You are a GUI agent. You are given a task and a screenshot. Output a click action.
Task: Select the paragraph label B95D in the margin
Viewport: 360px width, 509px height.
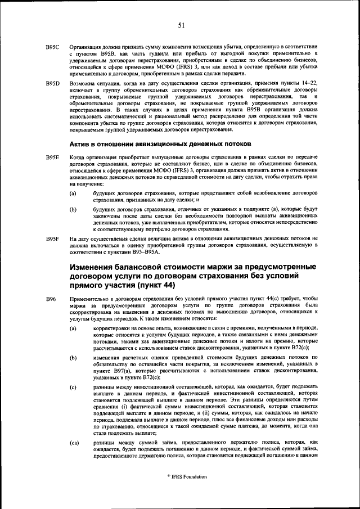[53, 83]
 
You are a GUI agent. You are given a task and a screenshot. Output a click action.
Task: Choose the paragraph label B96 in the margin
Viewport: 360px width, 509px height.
[51, 298]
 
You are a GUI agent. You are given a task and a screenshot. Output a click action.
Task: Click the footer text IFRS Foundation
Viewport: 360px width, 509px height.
[182, 476]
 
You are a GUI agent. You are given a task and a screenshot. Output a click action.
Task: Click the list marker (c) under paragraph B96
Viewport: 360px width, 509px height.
[73, 388]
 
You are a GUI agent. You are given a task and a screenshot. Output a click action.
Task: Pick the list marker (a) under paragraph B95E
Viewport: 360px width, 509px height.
[73, 193]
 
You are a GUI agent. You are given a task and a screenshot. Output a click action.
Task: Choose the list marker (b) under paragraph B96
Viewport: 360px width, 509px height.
[73, 357]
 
